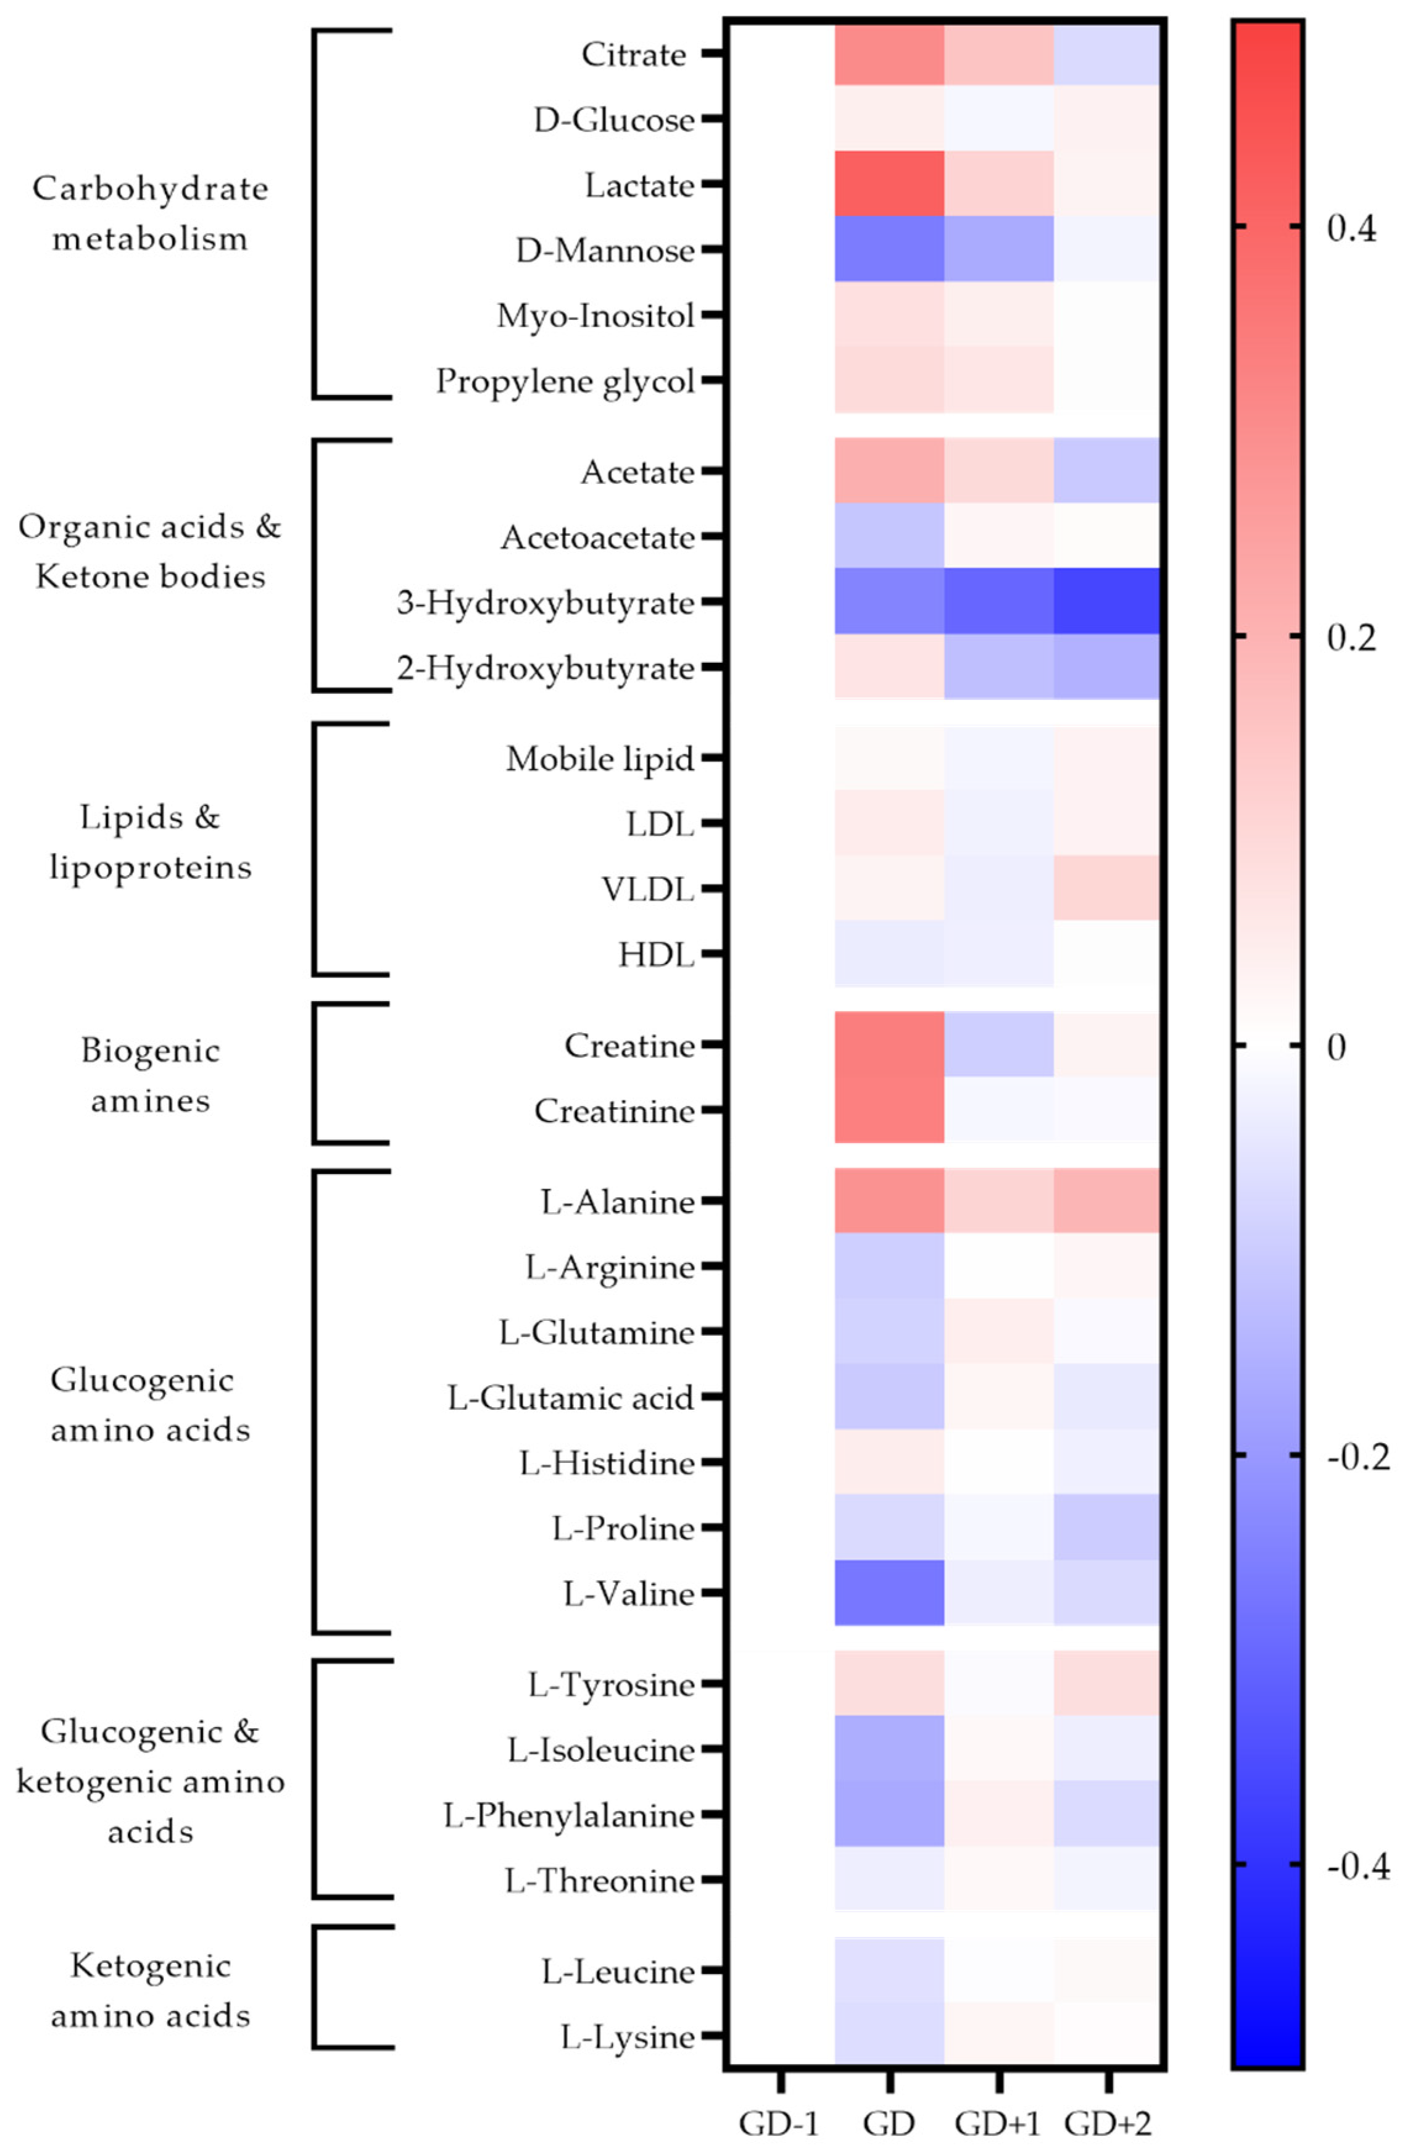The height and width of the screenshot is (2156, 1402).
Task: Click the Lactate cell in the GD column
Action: [x=889, y=184]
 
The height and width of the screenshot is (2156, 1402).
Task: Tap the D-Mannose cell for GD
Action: [x=889, y=249]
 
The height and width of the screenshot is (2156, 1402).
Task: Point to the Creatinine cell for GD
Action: [x=889, y=1110]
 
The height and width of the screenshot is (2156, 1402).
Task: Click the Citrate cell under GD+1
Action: [x=998, y=54]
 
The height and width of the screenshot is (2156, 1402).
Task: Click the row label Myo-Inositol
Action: [x=595, y=316]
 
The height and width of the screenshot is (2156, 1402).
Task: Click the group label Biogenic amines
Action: [x=151, y=1075]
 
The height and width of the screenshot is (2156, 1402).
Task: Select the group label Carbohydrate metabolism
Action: [x=151, y=214]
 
